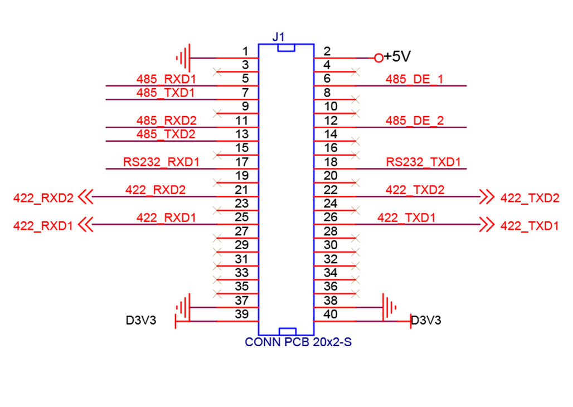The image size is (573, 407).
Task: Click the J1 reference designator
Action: [x=279, y=37]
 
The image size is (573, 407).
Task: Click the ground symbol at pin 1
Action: [x=183, y=57]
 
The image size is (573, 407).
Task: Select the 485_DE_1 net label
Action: [x=414, y=79]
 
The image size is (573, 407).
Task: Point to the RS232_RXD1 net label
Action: [x=161, y=163]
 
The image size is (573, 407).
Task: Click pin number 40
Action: [x=331, y=315]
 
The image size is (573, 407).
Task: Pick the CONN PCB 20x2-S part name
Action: [x=298, y=342]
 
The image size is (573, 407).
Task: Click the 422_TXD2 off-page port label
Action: [x=530, y=197]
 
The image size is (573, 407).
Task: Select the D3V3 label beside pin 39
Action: [x=141, y=321]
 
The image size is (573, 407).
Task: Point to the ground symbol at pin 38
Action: [x=389, y=307]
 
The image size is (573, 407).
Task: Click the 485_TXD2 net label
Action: [x=166, y=134]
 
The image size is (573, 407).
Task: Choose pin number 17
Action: [x=241, y=162]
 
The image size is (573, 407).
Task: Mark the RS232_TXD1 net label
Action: [x=424, y=163]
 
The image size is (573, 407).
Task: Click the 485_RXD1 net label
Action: [x=166, y=79]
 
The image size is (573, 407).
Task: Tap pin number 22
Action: [x=331, y=190]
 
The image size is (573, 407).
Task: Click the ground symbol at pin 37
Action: [x=183, y=307]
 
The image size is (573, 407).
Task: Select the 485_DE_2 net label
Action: [x=414, y=121]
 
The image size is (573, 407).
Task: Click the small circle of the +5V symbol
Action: [x=379, y=57]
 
